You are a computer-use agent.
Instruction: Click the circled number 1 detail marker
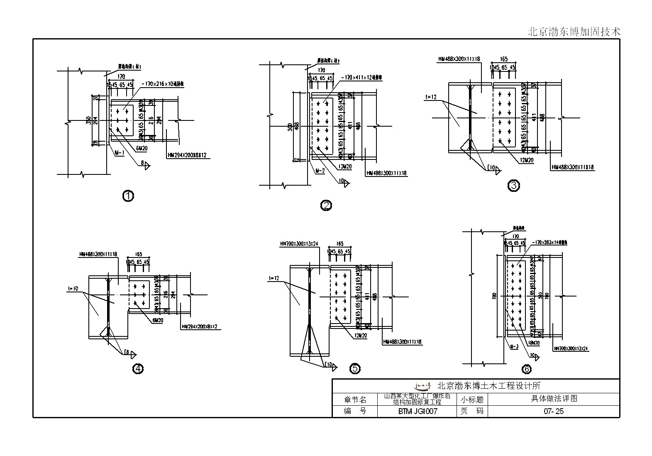coord(128,196)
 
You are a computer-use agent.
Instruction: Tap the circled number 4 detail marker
coord(138,368)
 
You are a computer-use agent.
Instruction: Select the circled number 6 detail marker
coord(526,368)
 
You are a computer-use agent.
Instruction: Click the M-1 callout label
coord(119,153)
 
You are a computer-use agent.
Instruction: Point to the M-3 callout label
coord(514,346)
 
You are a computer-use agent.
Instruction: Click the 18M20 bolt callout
coord(533,343)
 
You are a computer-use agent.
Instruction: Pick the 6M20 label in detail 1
coord(141,147)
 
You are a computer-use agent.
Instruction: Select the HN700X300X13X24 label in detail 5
coord(299,244)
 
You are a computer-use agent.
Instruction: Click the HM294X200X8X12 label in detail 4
coord(199,327)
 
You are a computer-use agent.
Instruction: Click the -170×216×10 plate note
coord(163,84)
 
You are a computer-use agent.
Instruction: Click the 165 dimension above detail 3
coord(503,59)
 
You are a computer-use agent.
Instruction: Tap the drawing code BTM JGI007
coord(418,412)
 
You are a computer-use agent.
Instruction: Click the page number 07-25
coord(554,412)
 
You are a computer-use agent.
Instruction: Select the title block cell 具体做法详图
coord(554,399)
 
